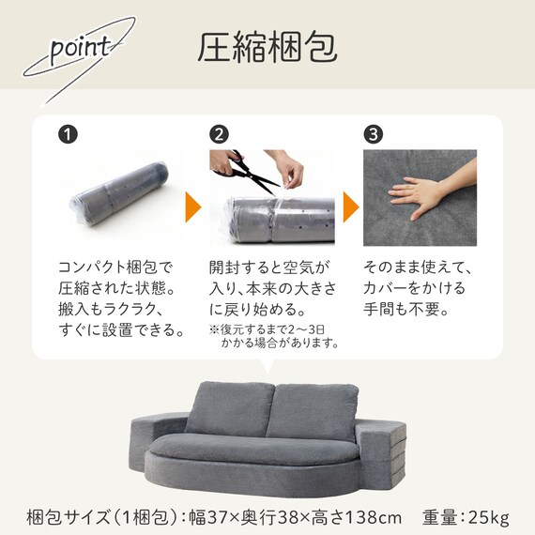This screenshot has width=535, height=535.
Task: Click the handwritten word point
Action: [81, 50]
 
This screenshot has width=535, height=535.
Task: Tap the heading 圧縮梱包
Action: [267, 47]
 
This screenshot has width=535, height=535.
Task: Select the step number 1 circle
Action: [68, 134]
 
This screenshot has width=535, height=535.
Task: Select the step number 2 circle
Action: [220, 134]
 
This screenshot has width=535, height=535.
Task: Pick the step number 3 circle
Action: [374, 134]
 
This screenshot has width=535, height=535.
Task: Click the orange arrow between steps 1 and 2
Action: [192, 206]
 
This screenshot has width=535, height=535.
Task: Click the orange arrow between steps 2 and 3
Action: [350, 206]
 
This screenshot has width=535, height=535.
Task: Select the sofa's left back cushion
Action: [230, 408]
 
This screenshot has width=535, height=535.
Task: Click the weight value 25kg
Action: [489, 517]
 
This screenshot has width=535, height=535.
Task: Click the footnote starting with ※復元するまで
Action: [274, 336]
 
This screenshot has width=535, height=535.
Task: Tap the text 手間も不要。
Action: [405, 309]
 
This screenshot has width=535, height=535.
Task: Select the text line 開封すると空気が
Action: [269, 267]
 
